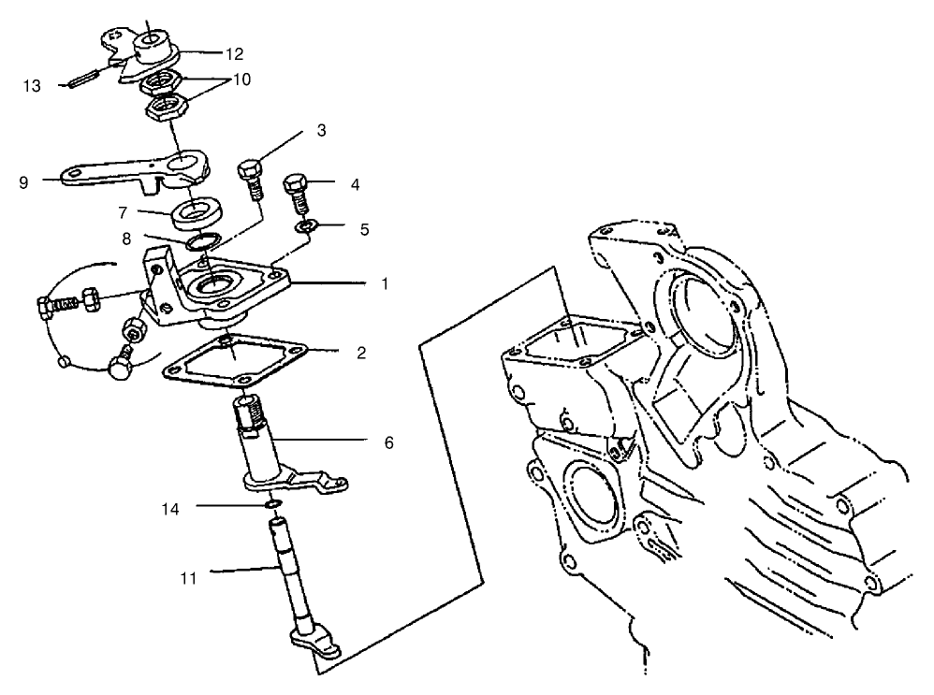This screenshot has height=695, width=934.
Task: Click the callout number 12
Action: coord(234,54)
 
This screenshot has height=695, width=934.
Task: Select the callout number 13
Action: coord(33,85)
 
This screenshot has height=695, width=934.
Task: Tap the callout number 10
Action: coord(241,80)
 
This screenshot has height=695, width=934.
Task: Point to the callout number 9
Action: coord(23,182)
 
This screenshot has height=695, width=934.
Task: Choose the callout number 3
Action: coord(321,129)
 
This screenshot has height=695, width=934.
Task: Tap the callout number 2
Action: coord(362,354)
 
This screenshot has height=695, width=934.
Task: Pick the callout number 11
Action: coord(188,577)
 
